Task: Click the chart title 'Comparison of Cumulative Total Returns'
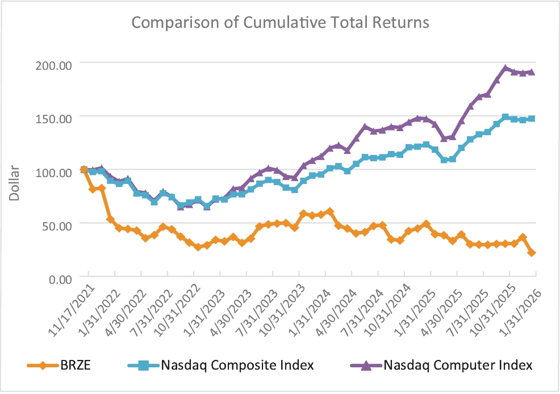click(280, 22)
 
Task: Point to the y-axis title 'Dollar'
click(14, 183)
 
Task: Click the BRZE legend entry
click(59, 365)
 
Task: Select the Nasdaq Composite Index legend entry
click(221, 365)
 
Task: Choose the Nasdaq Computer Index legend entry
click(441, 365)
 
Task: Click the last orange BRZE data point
click(532, 253)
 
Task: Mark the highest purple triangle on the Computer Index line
click(505, 68)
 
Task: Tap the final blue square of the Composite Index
click(532, 119)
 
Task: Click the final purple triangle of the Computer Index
click(532, 72)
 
